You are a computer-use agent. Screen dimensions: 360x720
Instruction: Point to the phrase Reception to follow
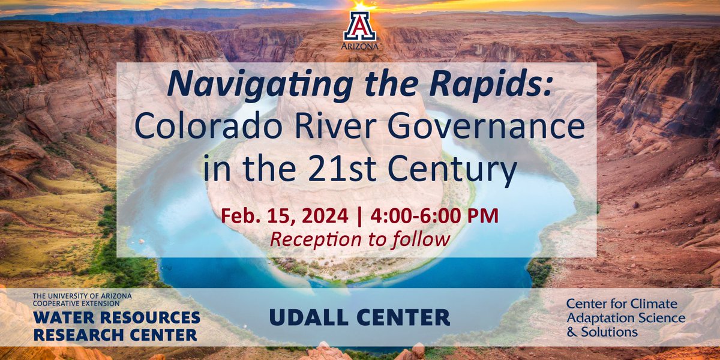(360, 239)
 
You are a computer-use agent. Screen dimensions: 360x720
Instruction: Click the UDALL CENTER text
(360, 317)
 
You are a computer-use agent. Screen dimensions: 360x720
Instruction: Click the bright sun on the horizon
(360, 5)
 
